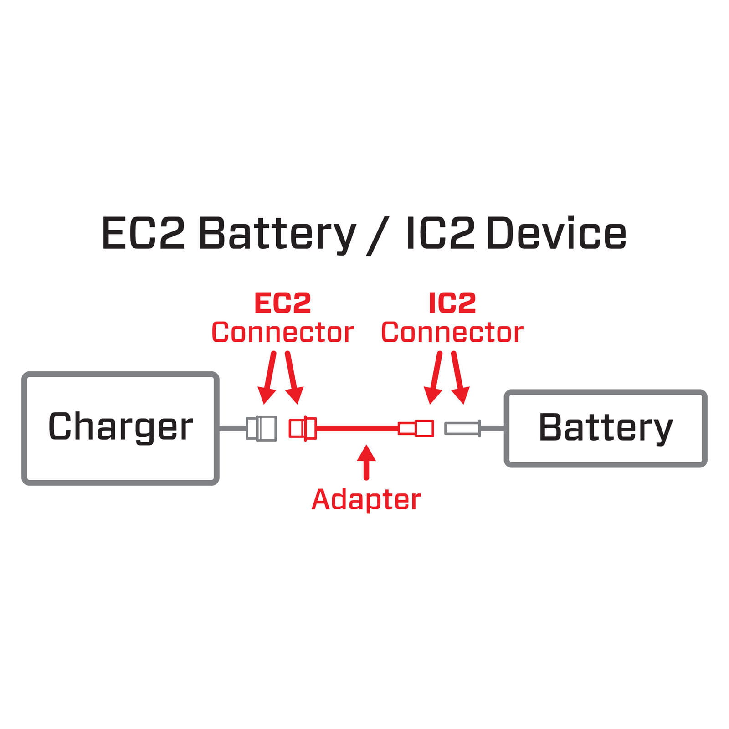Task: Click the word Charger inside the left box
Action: (120, 427)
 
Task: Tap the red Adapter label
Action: (366, 500)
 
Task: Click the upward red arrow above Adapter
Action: (366, 462)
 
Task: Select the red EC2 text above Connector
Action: (282, 303)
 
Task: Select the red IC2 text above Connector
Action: (452, 303)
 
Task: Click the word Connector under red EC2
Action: (282, 333)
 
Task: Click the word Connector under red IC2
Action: (452, 333)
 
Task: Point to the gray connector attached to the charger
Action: (262, 428)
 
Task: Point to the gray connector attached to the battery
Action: (462, 428)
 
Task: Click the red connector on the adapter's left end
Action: (303, 428)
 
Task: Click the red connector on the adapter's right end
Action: (416, 428)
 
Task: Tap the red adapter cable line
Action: (357, 428)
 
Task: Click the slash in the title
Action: (379, 236)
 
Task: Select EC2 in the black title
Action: (143, 234)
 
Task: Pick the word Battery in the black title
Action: (277, 234)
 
